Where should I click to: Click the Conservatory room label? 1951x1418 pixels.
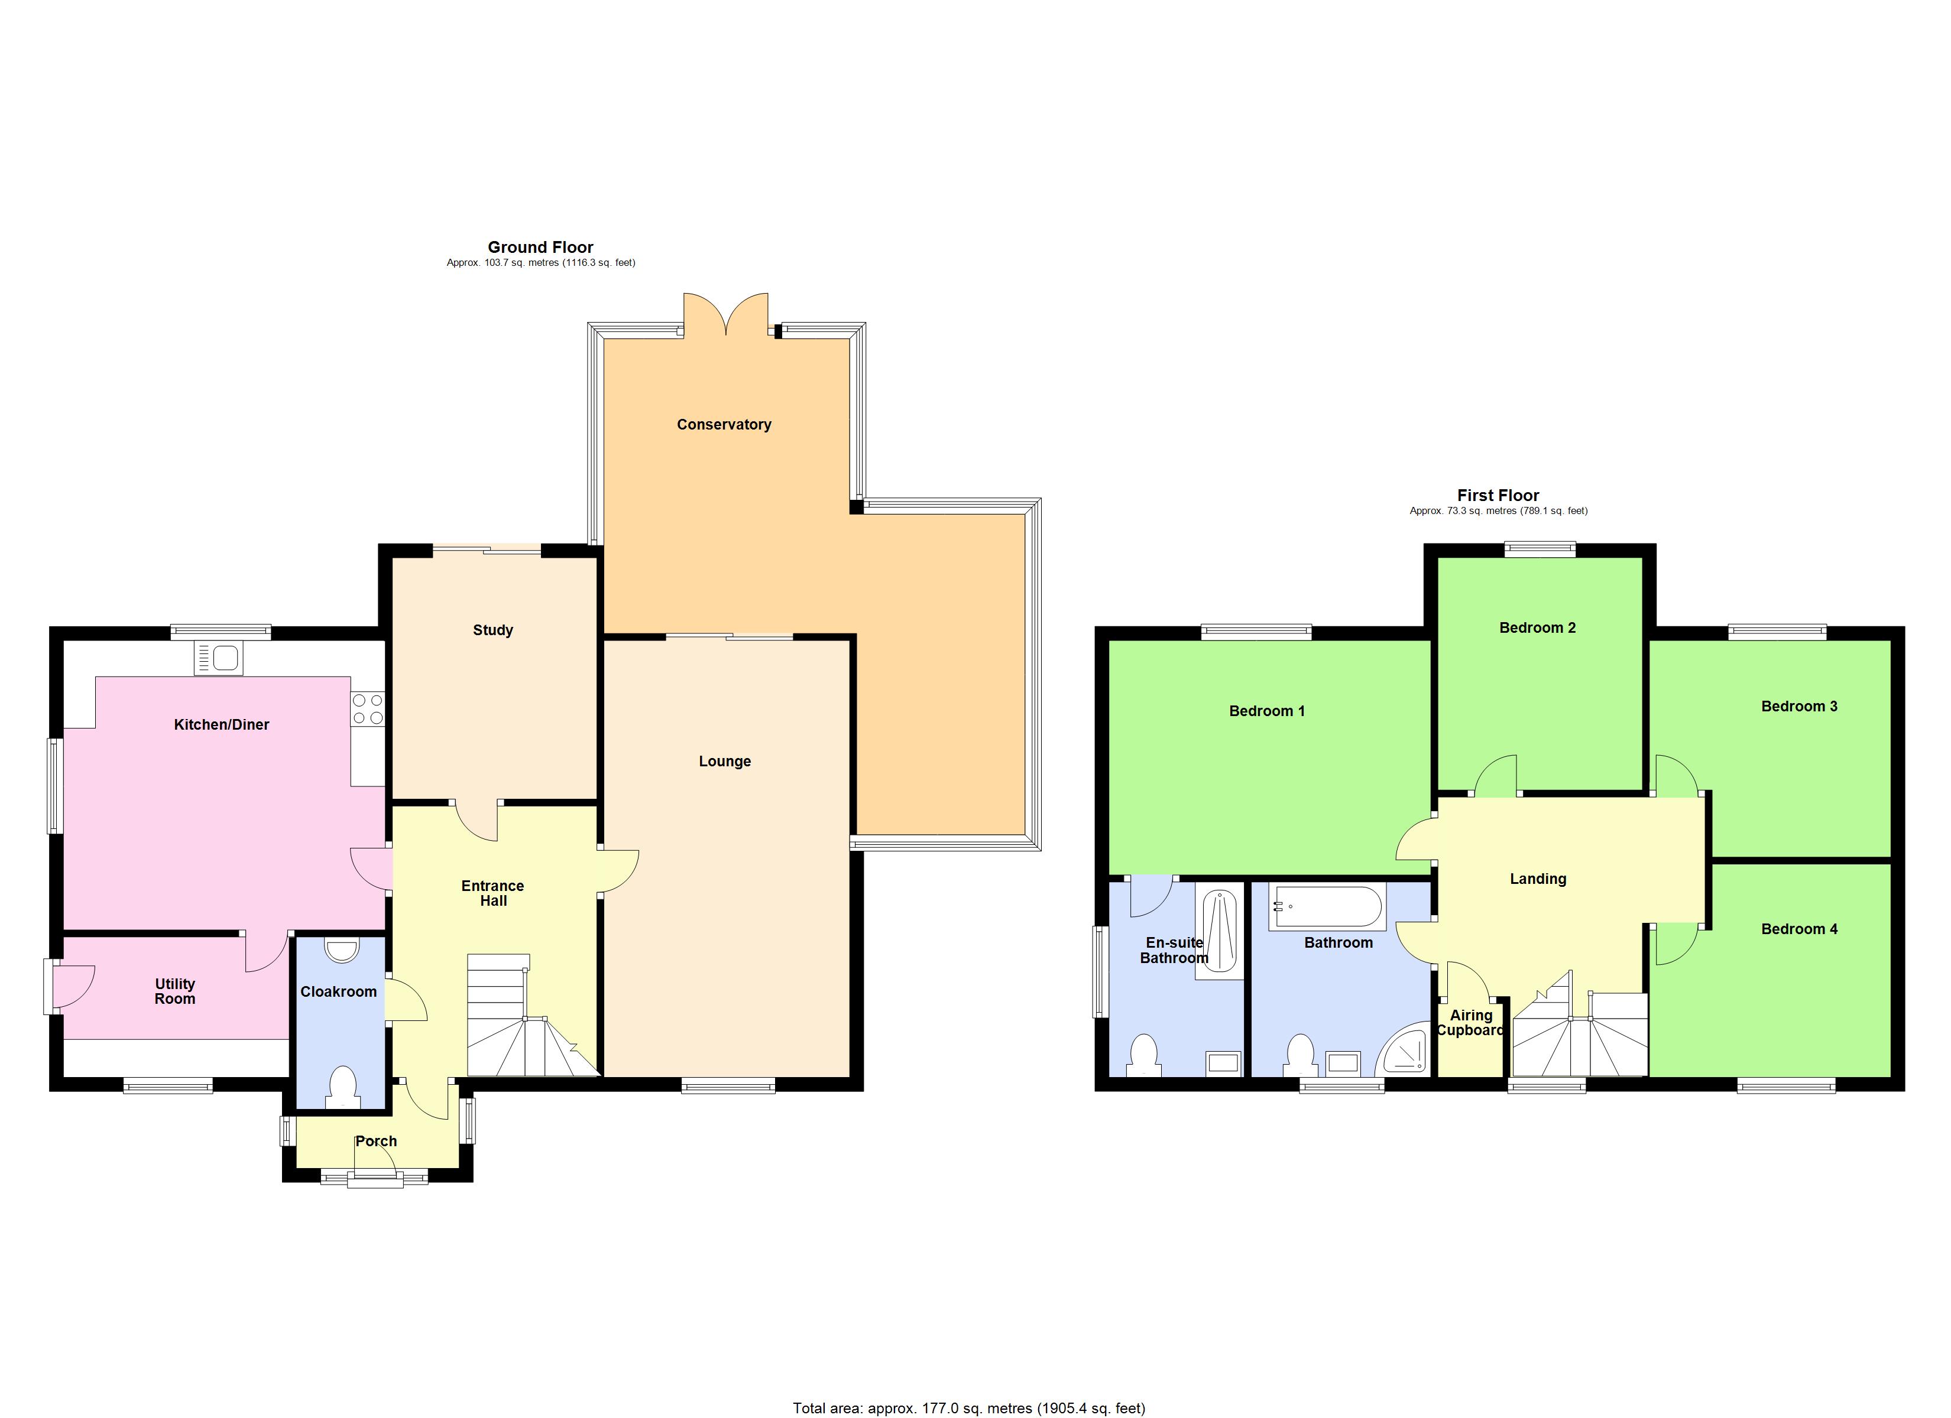click(x=724, y=425)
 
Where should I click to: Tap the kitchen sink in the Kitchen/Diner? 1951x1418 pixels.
click(x=219, y=659)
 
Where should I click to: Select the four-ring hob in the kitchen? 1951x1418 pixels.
click(x=367, y=710)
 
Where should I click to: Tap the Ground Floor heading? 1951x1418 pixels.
click(x=540, y=248)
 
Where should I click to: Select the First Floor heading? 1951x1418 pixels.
click(x=1498, y=495)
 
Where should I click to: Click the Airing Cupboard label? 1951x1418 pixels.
click(x=1470, y=1023)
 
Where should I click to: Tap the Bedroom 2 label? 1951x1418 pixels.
click(x=1537, y=627)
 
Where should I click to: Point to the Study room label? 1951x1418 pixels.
click(x=493, y=630)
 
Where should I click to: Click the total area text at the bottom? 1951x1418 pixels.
click(x=968, y=1408)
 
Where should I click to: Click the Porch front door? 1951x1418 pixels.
click(x=375, y=1167)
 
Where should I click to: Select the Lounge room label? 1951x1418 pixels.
click(x=724, y=762)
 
